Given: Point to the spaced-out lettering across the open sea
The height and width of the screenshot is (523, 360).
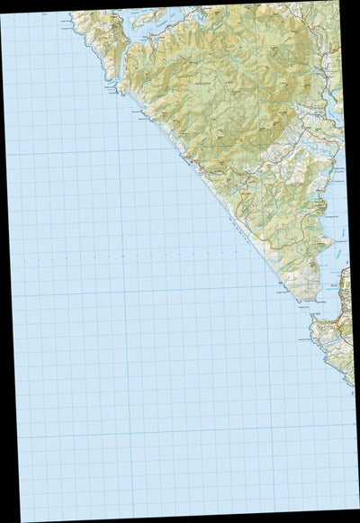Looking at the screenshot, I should (x=135, y=255).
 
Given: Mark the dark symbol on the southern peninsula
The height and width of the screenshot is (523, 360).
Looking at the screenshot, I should (x=312, y=264).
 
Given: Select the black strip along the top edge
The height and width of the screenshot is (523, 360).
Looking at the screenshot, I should (x=180, y=4).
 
